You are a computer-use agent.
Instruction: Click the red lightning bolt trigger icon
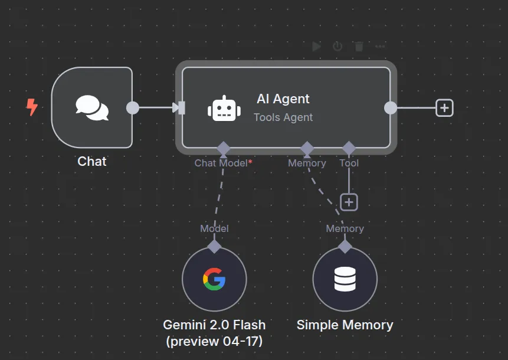coord(32,107)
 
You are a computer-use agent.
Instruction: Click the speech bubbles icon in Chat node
coord(92,108)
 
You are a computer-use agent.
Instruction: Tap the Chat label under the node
coord(92,161)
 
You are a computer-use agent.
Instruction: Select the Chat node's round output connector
coord(133,108)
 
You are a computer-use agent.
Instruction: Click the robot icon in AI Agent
coord(224,109)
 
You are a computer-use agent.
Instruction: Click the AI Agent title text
coord(283,99)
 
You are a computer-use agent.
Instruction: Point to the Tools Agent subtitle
coord(283,117)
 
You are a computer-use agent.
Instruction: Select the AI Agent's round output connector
coord(391,107)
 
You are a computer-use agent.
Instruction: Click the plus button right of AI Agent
coord(444,107)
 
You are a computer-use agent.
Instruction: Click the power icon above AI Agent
coord(337,46)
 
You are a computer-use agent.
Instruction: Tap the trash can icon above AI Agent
coord(359,46)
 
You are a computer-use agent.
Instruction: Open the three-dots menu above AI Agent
coord(380,46)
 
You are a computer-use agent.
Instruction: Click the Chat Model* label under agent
coord(223,163)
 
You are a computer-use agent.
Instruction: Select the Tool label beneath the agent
coord(349,163)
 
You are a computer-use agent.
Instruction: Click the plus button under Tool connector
coord(349,202)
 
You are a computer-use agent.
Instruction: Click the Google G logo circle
coord(214,279)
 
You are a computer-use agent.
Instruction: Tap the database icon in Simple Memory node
coord(345,279)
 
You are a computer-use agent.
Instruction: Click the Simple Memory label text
coord(345,325)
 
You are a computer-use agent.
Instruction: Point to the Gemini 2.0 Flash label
coord(214,325)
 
